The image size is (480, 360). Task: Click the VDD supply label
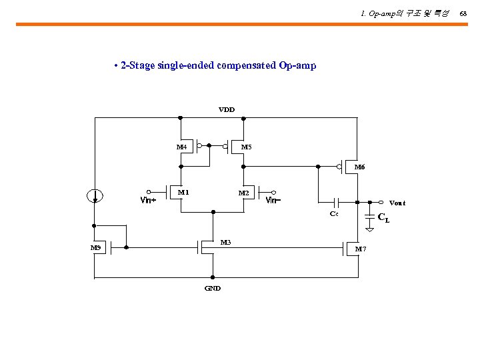pos(227,109)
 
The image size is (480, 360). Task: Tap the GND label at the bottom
pos(213,288)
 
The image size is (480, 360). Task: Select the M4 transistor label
pos(181,147)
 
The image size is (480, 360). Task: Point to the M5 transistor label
pos(246,147)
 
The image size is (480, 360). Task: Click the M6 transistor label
pos(359,167)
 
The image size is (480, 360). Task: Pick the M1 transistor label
pos(183,192)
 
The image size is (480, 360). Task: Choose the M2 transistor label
pos(244,193)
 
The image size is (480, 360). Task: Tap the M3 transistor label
pos(225,242)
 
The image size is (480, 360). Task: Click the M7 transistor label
pos(360,249)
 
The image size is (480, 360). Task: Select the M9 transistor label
pos(96,248)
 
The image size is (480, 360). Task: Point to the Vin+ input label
pos(148,199)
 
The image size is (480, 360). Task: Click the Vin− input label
pos(273,199)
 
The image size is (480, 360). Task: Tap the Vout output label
pos(397,203)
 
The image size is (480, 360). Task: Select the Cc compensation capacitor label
pos(334,213)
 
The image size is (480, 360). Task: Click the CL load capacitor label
pos(383,217)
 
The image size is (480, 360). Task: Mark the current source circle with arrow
pos(95,195)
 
